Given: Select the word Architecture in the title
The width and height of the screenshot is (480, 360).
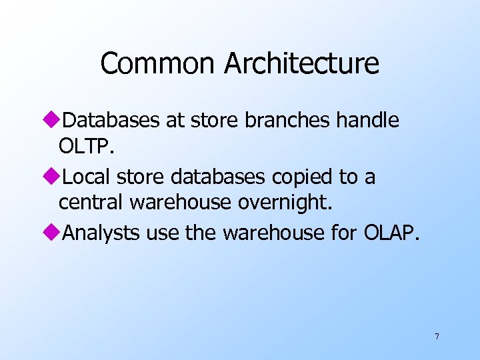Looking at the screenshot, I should coord(301,63).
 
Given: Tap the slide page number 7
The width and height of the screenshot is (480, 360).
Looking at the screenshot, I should coord(437,337).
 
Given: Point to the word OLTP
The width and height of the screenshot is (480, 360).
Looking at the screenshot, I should coord(87,146).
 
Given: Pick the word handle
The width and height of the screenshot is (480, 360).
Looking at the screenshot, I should coord(367,121).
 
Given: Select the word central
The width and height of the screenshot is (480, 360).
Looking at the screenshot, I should coord(92,202).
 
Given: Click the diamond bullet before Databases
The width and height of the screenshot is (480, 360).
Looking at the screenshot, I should coord(55,121).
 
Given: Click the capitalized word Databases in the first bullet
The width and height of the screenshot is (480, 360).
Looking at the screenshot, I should coord(110,121).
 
